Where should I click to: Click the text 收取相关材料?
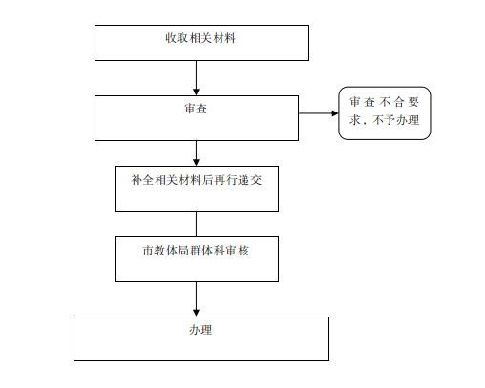200,38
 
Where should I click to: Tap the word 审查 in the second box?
196,109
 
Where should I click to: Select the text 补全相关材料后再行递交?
197,180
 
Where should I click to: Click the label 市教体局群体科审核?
196,251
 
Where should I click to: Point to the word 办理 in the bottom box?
200,330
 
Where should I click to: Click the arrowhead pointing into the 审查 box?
196,92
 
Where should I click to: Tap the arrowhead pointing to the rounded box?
335,113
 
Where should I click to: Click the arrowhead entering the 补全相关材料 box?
196,163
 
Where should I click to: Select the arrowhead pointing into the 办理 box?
196,313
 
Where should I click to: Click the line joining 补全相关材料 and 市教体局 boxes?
196,224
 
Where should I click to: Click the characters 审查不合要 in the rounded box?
385,102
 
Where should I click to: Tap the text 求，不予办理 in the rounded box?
385,120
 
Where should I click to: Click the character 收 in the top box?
171,38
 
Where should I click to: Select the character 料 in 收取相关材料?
230,38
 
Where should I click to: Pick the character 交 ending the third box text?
256,180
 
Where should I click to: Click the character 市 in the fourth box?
148,251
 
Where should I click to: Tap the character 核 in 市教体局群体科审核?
243,251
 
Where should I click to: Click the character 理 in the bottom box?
206,330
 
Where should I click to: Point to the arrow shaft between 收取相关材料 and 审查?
196,74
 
